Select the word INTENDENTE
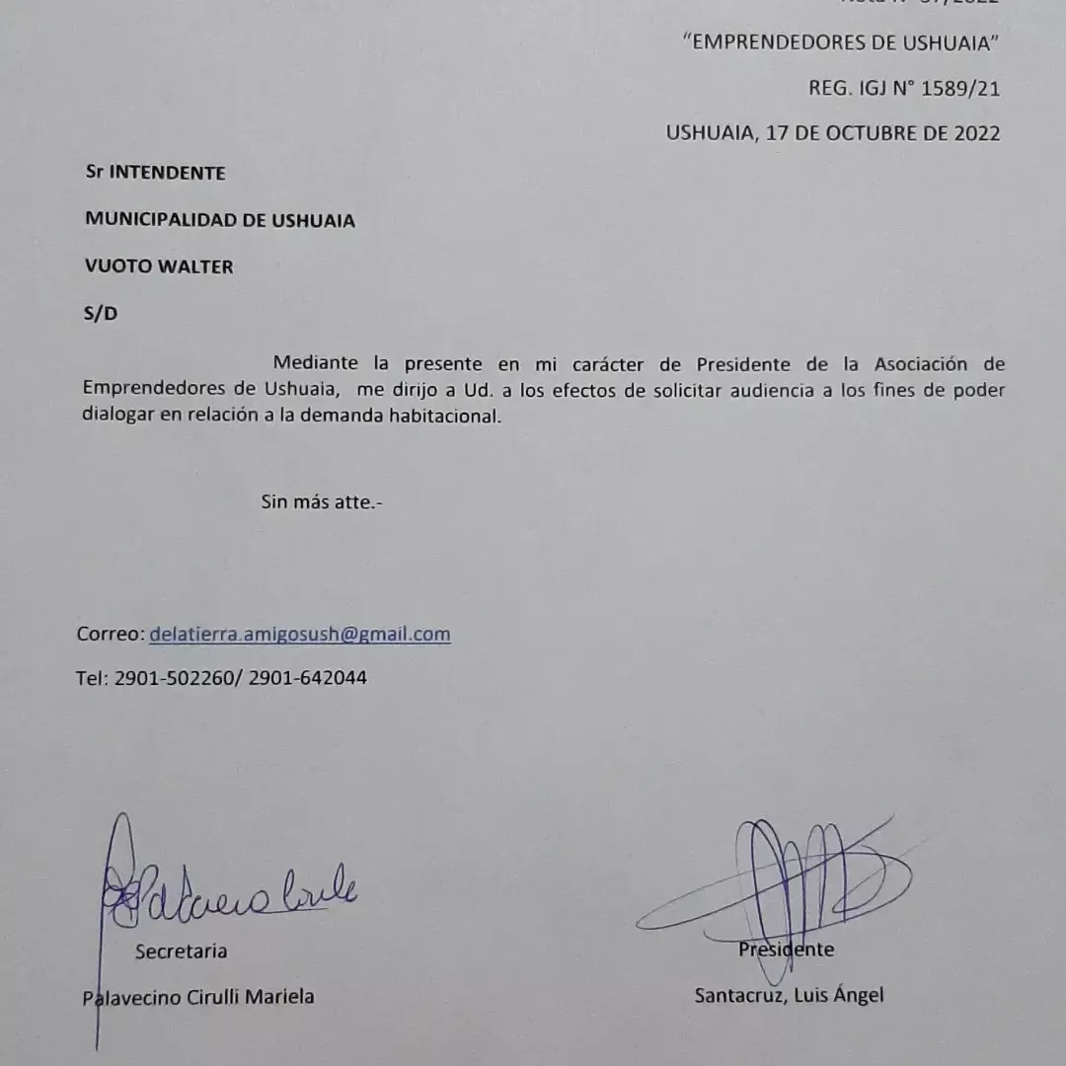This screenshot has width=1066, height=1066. pos(167,173)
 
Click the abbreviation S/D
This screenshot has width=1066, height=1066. pos(101,314)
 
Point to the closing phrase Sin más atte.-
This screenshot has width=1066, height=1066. pos(321,501)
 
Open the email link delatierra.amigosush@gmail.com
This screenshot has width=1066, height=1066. pos(300,635)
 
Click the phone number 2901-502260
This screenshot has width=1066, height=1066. pos(175,679)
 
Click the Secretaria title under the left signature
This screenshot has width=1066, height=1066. pos(181,952)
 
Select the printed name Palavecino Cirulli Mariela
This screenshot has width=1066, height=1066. pos(198,997)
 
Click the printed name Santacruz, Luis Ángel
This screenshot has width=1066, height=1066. pos(789,995)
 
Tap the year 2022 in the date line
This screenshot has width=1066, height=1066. pos(976,133)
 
